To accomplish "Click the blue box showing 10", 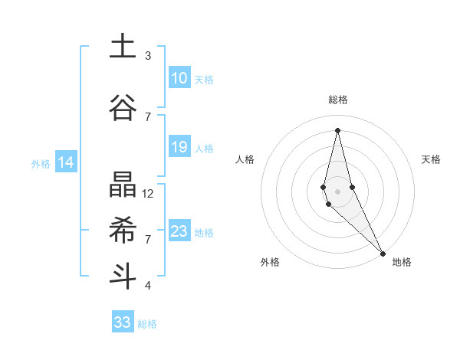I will pyautogui.click(x=179, y=79).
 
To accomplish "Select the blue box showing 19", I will pyautogui.click(x=179, y=147).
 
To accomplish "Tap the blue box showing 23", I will pyautogui.click(x=179, y=231).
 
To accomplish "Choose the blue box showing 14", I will pyautogui.click(x=65, y=162).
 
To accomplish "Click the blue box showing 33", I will pyautogui.click(x=123, y=322).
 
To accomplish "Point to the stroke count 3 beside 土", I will pyautogui.click(x=148, y=56).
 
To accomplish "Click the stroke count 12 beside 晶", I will pyautogui.click(x=148, y=194).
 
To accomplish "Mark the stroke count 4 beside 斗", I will pyautogui.click(x=148, y=285).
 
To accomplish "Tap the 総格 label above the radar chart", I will pyautogui.click(x=338, y=100).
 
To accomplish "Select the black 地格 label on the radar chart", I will pyautogui.click(x=402, y=263).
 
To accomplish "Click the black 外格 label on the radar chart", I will pyautogui.click(x=270, y=263).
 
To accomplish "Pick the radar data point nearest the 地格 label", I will pyautogui.click(x=383, y=252).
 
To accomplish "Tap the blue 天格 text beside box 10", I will pyautogui.click(x=204, y=80).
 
